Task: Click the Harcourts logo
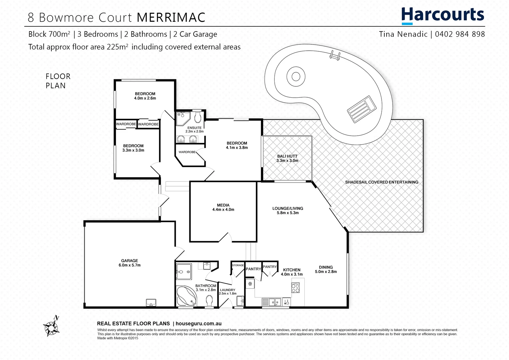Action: pos(442,15)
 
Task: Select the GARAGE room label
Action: pos(129,261)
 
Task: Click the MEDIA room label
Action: pos(223,205)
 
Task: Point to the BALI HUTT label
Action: pos(287,156)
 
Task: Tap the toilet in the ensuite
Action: pos(198,117)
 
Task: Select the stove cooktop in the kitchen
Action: pos(295,288)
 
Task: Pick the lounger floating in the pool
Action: pos(362,109)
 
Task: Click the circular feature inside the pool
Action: pos(296,77)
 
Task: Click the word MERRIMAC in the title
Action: pos(171,17)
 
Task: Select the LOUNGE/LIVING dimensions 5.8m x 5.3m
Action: pos(288,213)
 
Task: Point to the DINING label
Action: pos(326,267)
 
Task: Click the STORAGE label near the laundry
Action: pos(238,265)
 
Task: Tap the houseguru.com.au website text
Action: pos(198,323)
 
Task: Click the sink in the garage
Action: pos(151,302)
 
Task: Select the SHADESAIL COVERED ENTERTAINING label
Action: pos(381,182)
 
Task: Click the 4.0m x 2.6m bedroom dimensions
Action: pos(145,98)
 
